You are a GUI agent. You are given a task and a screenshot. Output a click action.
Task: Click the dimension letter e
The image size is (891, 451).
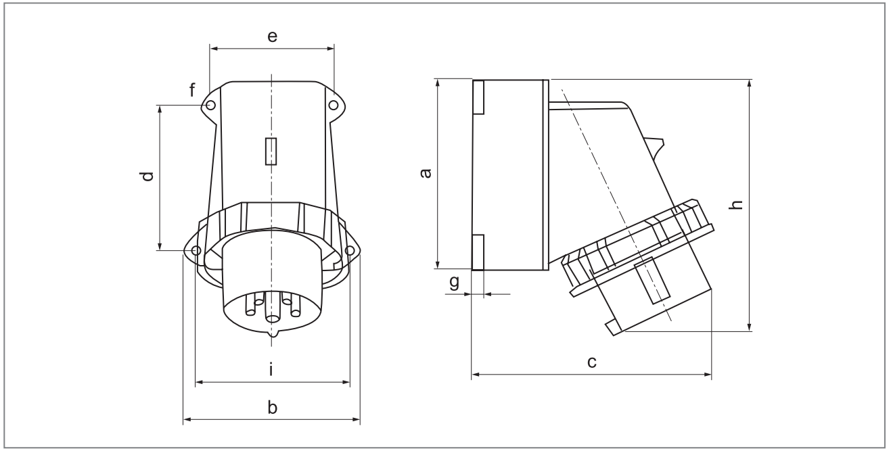click(272, 37)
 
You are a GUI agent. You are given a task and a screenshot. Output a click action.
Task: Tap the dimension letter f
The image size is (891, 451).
click(193, 90)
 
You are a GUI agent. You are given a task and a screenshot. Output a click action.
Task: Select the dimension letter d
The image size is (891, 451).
click(147, 177)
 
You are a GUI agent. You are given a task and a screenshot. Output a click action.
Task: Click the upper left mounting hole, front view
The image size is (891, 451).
click(210, 105)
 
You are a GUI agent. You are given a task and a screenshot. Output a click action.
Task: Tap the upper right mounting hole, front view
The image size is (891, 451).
click(333, 105)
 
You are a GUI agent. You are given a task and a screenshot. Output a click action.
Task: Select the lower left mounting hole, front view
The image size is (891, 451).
click(196, 251)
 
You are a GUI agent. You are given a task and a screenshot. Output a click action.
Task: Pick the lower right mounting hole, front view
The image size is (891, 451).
click(350, 251)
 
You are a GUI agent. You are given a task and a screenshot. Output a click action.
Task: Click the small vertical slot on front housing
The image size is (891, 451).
click(271, 151)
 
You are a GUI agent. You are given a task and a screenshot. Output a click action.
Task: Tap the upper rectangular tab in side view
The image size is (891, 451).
click(478, 97)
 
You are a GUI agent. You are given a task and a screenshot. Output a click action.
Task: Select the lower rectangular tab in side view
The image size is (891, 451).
click(478, 252)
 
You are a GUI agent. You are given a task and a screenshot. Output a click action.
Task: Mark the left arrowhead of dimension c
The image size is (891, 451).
click(474, 373)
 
